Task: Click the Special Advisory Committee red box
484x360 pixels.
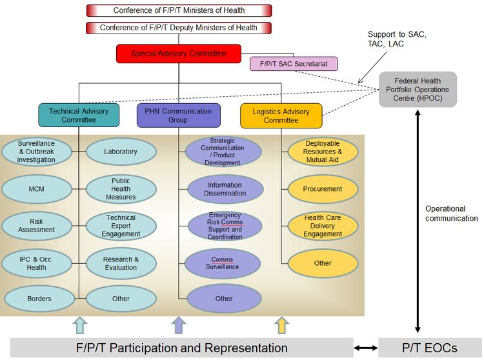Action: pos(179,54)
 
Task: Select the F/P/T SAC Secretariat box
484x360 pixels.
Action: pos(294,64)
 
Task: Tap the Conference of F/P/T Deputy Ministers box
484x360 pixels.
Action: pos(179,28)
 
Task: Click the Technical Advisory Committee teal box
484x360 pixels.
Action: pos(79,115)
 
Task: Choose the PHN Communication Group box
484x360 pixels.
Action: pos(179,115)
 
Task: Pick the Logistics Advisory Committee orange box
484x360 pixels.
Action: pos(281,115)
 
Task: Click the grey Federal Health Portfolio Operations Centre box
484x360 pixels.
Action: pos(418,89)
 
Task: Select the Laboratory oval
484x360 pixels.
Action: pos(121,152)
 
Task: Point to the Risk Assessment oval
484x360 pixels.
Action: pos(36,226)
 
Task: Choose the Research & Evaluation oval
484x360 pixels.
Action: pos(121,263)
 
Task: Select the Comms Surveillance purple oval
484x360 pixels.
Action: pos(223,263)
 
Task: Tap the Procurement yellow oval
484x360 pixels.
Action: pos(323,189)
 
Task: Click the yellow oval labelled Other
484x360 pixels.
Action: pos(323,263)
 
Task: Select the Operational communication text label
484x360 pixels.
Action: pos(451,214)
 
